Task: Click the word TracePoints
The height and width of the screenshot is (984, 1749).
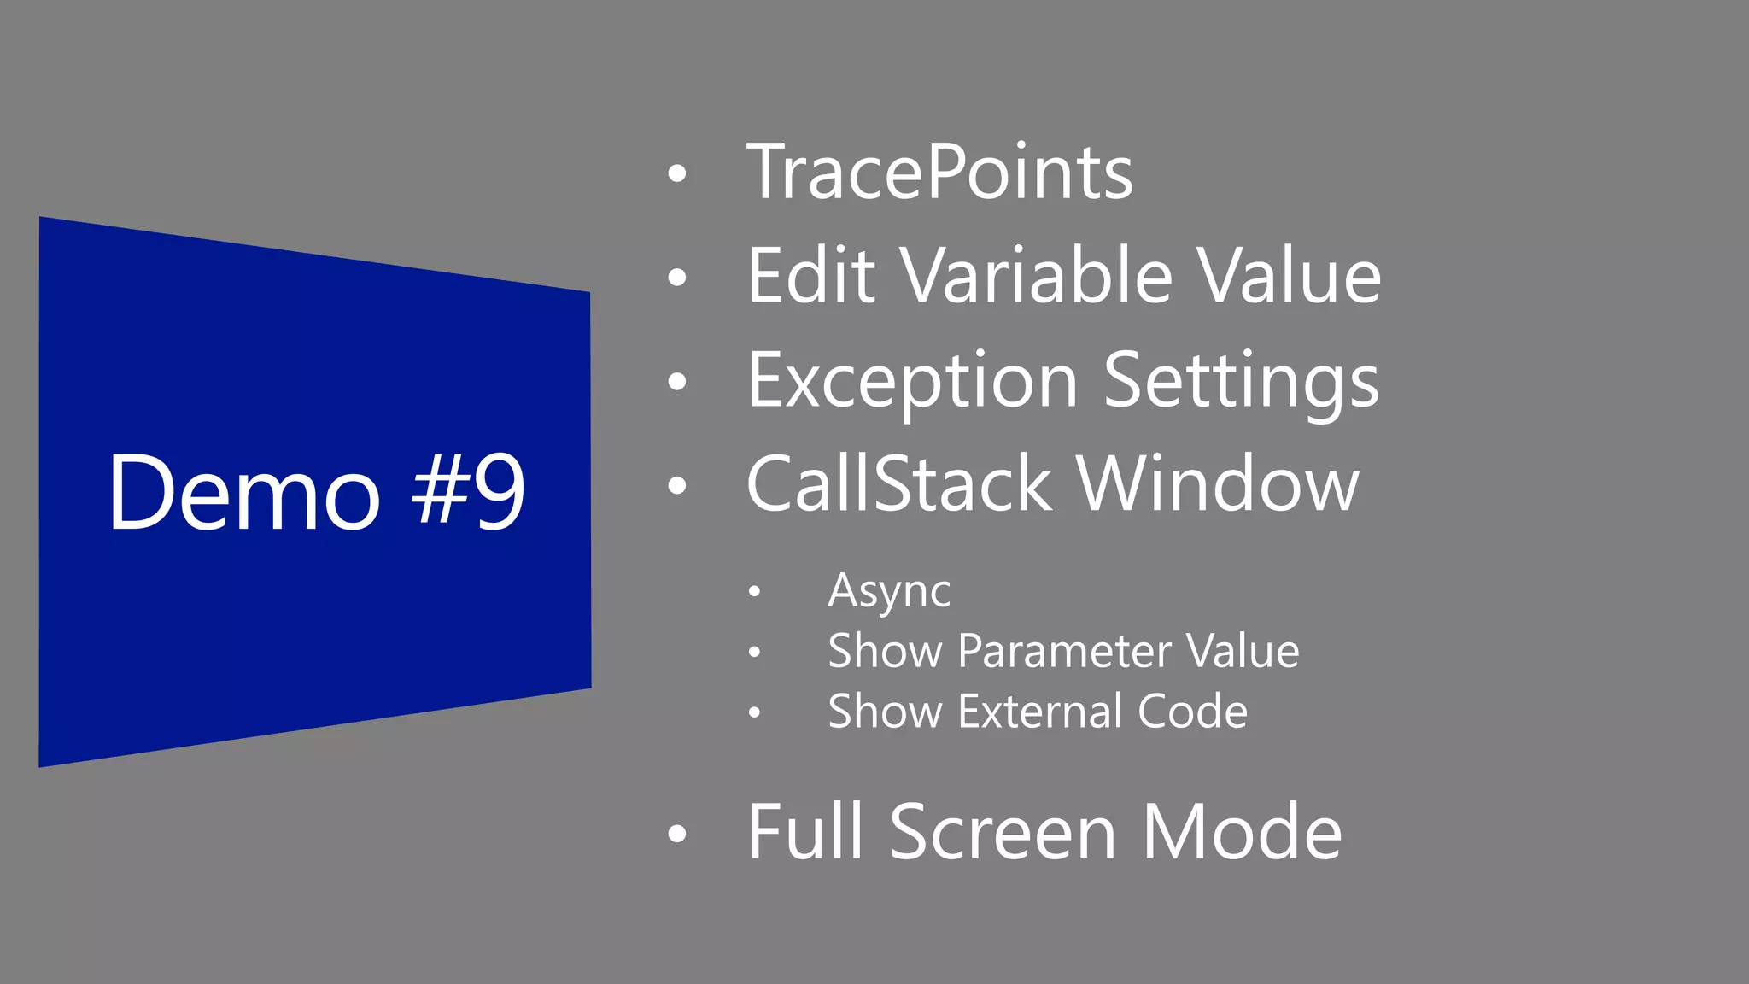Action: (939, 173)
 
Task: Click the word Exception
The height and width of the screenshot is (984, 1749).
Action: (912, 381)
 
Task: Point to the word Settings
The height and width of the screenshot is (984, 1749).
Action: (1241, 381)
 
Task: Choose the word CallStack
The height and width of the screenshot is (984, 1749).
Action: (898, 484)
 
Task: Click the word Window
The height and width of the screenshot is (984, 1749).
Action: (1217, 484)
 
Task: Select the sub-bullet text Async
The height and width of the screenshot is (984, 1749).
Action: (889, 591)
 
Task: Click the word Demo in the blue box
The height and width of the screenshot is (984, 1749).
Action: (243, 493)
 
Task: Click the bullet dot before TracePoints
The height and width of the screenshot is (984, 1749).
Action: (677, 173)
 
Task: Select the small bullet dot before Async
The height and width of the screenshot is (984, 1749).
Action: (753, 591)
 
